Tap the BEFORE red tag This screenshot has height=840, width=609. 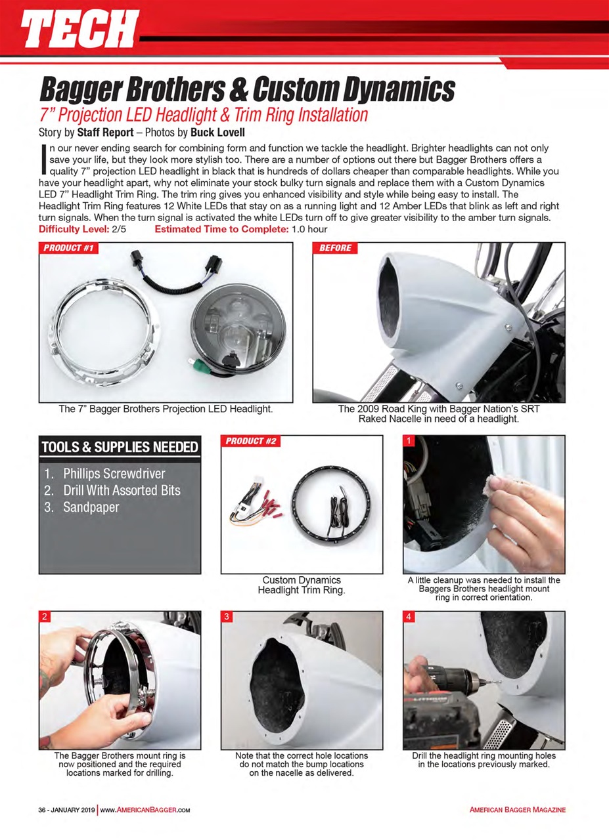335,248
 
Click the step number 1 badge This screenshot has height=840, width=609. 408,441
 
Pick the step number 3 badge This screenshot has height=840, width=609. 227,617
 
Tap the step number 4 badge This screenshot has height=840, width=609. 408,617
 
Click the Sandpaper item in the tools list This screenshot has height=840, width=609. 91,507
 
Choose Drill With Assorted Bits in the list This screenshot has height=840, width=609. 121,490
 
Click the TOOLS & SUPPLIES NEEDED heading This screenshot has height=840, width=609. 120,448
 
